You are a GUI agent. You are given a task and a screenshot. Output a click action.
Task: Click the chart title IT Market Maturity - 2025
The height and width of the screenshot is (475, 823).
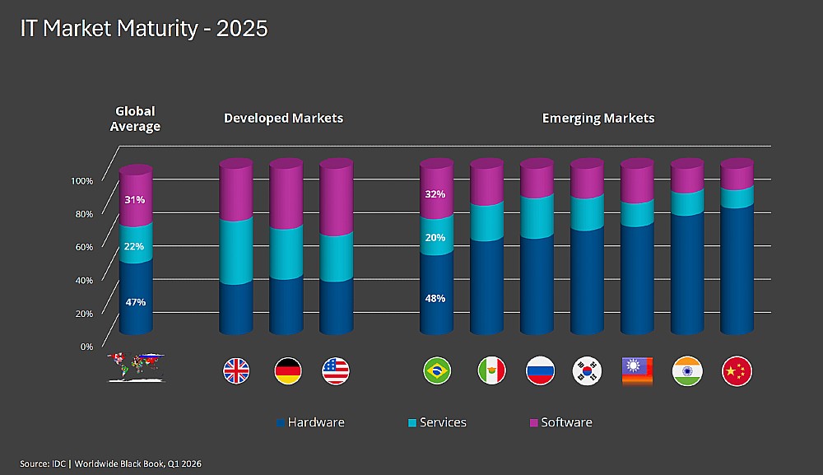[144, 28]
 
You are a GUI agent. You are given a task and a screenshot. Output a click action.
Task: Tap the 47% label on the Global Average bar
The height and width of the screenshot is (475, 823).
[136, 302]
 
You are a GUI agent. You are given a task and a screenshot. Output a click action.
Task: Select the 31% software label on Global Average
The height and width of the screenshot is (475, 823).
[135, 199]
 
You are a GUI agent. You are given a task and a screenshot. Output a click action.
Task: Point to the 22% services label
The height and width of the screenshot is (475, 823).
[135, 246]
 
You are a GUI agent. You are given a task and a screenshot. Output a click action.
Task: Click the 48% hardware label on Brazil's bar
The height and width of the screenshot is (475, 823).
[435, 298]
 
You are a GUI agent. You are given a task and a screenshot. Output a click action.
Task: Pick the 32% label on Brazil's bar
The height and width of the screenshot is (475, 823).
[435, 194]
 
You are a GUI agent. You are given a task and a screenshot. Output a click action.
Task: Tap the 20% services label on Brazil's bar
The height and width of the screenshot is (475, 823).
[435, 238]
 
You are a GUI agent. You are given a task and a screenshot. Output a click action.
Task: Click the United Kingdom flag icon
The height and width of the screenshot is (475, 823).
[237, 371]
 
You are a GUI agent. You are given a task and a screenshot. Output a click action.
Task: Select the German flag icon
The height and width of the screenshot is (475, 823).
[287, 371]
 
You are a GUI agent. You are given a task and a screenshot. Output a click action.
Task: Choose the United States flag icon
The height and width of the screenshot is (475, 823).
[337, 371]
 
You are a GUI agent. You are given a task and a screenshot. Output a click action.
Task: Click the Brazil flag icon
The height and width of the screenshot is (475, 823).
[436, 371]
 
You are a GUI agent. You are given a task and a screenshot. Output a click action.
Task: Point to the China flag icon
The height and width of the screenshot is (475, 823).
[737, 371]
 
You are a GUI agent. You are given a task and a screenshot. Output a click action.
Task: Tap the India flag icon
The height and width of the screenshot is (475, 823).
[686, 371]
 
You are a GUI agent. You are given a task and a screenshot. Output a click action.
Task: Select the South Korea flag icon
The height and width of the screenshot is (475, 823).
[587, 371]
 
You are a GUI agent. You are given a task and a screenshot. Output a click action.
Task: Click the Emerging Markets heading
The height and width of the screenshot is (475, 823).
[598, 118]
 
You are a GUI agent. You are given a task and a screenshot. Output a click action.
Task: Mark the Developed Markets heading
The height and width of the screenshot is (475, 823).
[283, 118]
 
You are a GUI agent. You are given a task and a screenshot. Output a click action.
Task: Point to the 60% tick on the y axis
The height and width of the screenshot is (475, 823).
[85, 246]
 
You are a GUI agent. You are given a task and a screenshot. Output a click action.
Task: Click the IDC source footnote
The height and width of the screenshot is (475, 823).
[111, 463]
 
